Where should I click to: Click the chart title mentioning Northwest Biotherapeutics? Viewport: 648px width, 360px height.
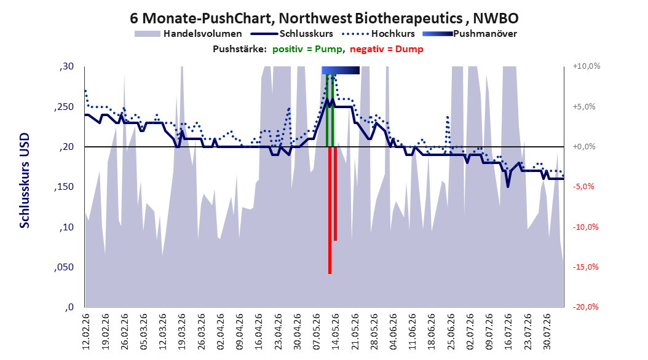click(324, 18)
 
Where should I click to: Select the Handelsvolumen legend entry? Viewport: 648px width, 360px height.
click(188, 34)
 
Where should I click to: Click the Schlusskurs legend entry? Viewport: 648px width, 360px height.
click(292, 34)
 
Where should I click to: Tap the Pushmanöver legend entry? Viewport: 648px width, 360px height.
click(470, 34)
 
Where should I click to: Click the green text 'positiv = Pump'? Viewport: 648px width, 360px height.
click(307, 49)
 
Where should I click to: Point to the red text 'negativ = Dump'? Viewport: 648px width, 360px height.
click(387, 49)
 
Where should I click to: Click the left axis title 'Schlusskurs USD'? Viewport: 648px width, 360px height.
click(25, 181)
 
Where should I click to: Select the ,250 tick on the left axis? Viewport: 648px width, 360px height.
click(64, 107)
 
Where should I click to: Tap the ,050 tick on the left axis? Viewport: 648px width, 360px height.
click(64, 267)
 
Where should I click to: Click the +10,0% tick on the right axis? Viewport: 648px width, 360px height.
click(587, 66)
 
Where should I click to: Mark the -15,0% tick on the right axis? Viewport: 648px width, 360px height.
click(585, 267)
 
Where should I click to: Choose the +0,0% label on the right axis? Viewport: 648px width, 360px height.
click(584, 147)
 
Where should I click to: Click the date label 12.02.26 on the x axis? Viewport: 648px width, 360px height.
click(86, 332)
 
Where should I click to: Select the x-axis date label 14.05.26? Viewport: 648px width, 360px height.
click(335, 332)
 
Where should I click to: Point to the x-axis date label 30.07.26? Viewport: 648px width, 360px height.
click(547, 332)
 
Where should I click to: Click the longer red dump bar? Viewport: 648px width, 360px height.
click(330, 210)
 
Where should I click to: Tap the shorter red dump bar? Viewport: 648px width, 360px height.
click(335, 194)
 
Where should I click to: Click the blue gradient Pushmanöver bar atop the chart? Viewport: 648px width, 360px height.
click(341, 70)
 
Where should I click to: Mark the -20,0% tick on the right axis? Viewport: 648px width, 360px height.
click(585, 307)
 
